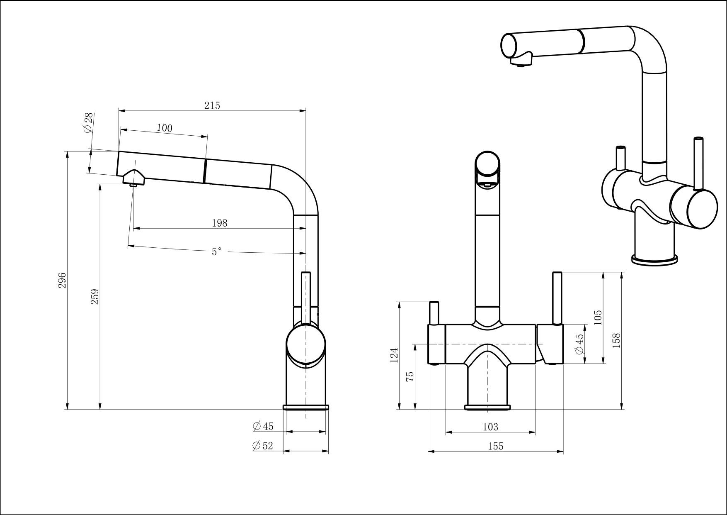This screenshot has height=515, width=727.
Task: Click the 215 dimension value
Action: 212,105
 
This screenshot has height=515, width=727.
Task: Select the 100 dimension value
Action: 165,128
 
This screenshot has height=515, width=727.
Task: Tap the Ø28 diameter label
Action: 89,122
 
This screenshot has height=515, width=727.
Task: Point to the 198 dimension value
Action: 219,223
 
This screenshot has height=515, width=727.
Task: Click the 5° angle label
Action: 216,251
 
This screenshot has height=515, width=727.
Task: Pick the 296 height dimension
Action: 62,281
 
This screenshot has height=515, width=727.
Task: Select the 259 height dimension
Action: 95,297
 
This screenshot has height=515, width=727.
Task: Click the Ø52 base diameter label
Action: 263,446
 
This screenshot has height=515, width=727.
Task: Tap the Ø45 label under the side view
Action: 263,426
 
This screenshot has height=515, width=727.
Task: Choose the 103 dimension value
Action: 490,427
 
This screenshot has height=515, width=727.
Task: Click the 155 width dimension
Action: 495,446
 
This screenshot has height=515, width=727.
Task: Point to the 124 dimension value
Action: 394,355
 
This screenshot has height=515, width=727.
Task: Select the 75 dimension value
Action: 410,376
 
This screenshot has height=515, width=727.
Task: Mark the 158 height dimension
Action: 616,340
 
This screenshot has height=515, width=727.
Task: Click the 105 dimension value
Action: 597,317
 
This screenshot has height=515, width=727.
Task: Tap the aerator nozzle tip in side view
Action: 133,185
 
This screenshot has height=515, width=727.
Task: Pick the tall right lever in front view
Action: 557,298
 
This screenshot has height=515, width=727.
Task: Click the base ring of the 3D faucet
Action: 654,260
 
